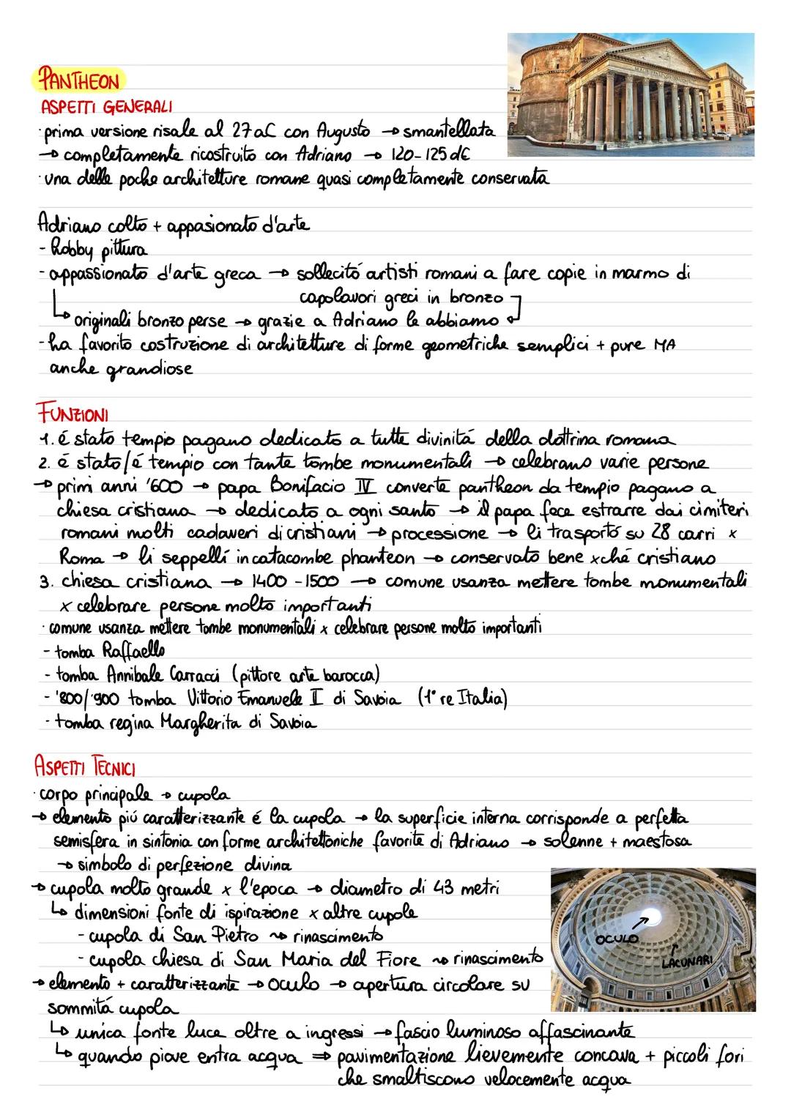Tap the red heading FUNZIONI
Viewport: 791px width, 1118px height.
click(72, 415)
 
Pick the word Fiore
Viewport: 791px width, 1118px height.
click(391, 959)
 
